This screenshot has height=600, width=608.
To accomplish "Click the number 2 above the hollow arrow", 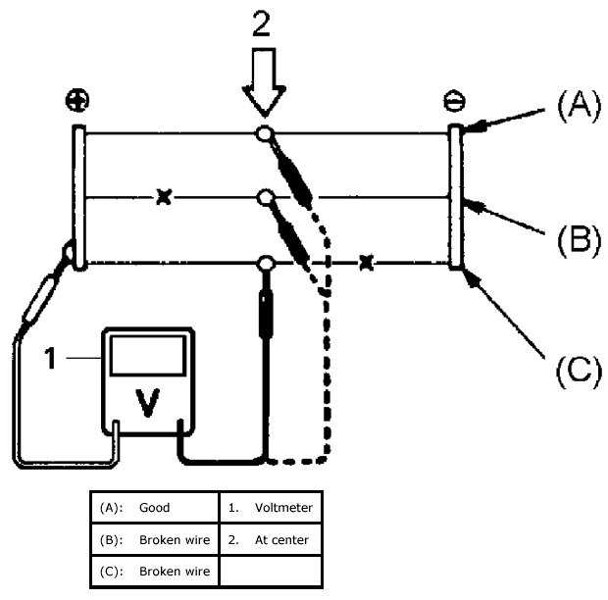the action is tap(262, 24).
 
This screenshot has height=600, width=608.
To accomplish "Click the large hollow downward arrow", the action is tap(264, 82).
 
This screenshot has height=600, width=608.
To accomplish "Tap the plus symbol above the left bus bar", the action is tap(77, 100).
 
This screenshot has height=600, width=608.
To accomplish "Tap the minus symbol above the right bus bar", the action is tap(454, 101).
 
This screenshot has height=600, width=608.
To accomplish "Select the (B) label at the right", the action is tap(579, 240).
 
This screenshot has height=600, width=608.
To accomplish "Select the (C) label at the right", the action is tap(579, 372).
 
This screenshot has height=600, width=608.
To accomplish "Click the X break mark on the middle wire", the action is tap(164, 197).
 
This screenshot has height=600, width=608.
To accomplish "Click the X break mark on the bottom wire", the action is tap(366, 263).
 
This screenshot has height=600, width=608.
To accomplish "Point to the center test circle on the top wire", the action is tap(265, 134).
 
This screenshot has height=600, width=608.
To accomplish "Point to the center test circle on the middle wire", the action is tap(266, 198).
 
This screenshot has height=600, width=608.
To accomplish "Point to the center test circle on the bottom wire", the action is tap(266, 264).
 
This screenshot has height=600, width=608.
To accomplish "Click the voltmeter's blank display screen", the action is tap(148, 356).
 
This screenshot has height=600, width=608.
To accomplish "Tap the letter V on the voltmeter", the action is tap(147, 403).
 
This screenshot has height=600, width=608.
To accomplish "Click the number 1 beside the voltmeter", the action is tap(50, 358).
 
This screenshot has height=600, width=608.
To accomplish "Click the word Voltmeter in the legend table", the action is tap(283, 508).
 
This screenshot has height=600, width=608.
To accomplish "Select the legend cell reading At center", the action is tap(281, 539).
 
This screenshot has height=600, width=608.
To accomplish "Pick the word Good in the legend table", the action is tap(154, 508).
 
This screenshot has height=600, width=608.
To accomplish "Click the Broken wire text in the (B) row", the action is tap(175, 539).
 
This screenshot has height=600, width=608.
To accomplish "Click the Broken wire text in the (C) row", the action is tap(175, 571).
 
